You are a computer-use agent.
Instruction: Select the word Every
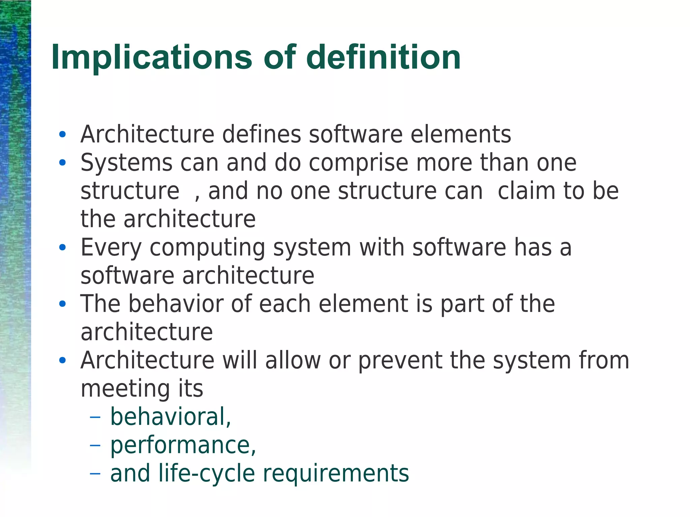pyautogui.click(x=111, y=248)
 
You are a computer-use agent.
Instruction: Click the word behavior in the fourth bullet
pyautogui.click(x=176, y=304)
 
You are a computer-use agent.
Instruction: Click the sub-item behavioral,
pyautogui.click(x=170, y=417)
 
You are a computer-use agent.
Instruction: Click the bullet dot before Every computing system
pyautogui.click(x=62, y=248)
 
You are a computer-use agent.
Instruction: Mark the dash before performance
pyautogui.click(x=95, y=445)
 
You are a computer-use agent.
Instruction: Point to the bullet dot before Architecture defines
pyautogui.click(x=62, y=134)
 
